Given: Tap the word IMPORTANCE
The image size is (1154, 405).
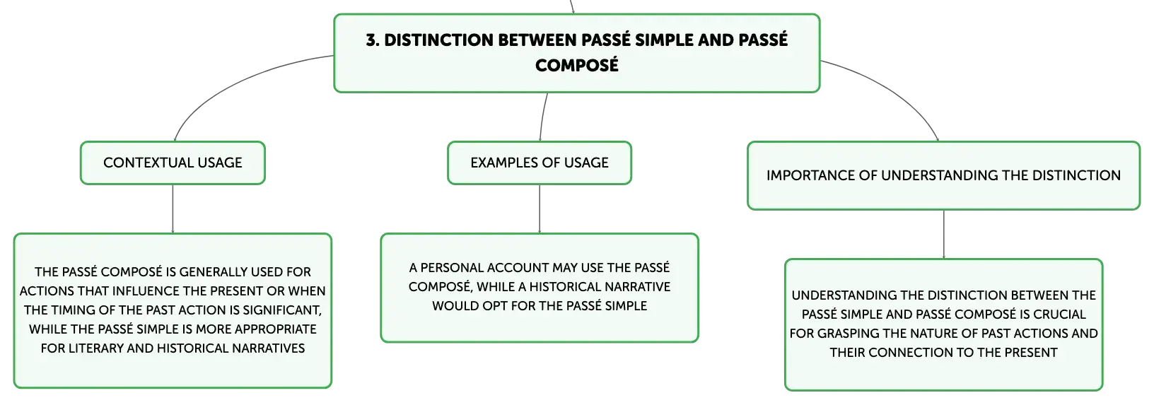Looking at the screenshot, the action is pyautogui.click(x=810, y=175).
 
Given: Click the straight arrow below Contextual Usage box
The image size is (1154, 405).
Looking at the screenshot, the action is pyautogui.click(x=173, y=209).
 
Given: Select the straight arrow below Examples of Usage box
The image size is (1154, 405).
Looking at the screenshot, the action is pyautogui.click(x=540, y=209).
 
